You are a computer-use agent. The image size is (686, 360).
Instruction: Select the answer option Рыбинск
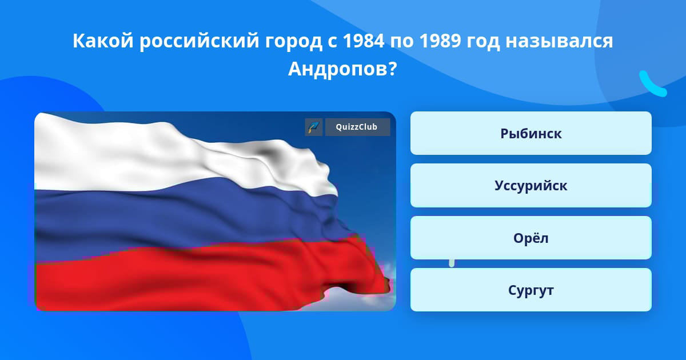coord(531,133)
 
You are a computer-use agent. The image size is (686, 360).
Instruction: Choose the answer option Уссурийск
coord(531,186)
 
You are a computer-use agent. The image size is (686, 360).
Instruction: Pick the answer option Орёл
coord(531,238)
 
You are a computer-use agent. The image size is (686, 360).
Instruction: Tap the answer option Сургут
coord(531,290)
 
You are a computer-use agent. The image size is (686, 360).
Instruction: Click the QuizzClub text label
coord(357,127)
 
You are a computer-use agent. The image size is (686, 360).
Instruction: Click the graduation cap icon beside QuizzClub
coord(314,127)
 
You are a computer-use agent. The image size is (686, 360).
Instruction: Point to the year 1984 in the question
coord(364,41)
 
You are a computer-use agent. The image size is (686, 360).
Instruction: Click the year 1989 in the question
coord(440,41)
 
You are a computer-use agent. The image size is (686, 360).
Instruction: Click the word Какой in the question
coord(103,41)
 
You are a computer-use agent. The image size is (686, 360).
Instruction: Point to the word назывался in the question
coord(559,41)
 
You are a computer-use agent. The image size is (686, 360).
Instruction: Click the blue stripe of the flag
coord(184,217)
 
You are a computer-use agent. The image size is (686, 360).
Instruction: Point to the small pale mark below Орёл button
coord(452,263)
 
